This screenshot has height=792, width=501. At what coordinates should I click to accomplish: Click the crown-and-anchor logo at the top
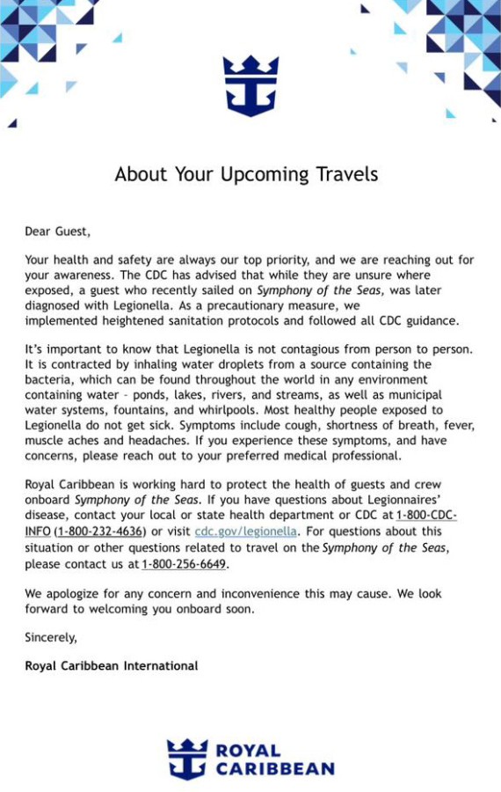coord(250,85)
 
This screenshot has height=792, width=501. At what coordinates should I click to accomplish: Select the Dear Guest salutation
coord(57,232)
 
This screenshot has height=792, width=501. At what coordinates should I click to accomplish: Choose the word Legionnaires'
coord(401,500)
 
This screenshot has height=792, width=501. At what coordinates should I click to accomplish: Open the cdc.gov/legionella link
coord(246,532)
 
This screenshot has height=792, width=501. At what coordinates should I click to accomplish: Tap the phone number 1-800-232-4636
coord(100,532)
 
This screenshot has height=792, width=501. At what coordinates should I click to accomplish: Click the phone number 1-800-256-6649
coord(183,563)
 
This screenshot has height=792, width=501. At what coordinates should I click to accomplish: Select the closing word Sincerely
coord(50,637)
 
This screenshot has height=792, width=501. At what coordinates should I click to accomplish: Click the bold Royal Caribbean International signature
coord(112,666)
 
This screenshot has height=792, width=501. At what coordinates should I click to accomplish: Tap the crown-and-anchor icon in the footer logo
coord(187,759)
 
